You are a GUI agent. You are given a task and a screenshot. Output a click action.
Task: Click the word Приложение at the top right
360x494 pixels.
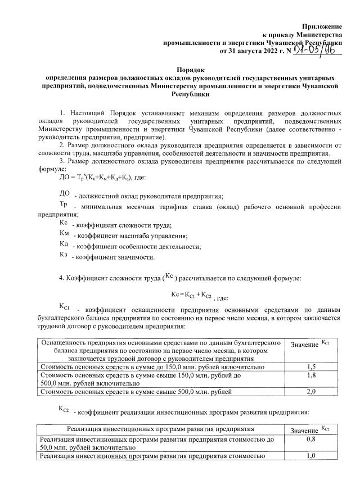[x=322, y=26]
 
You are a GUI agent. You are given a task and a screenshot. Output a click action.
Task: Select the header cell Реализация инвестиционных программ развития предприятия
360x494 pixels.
[x=160, y=429]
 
